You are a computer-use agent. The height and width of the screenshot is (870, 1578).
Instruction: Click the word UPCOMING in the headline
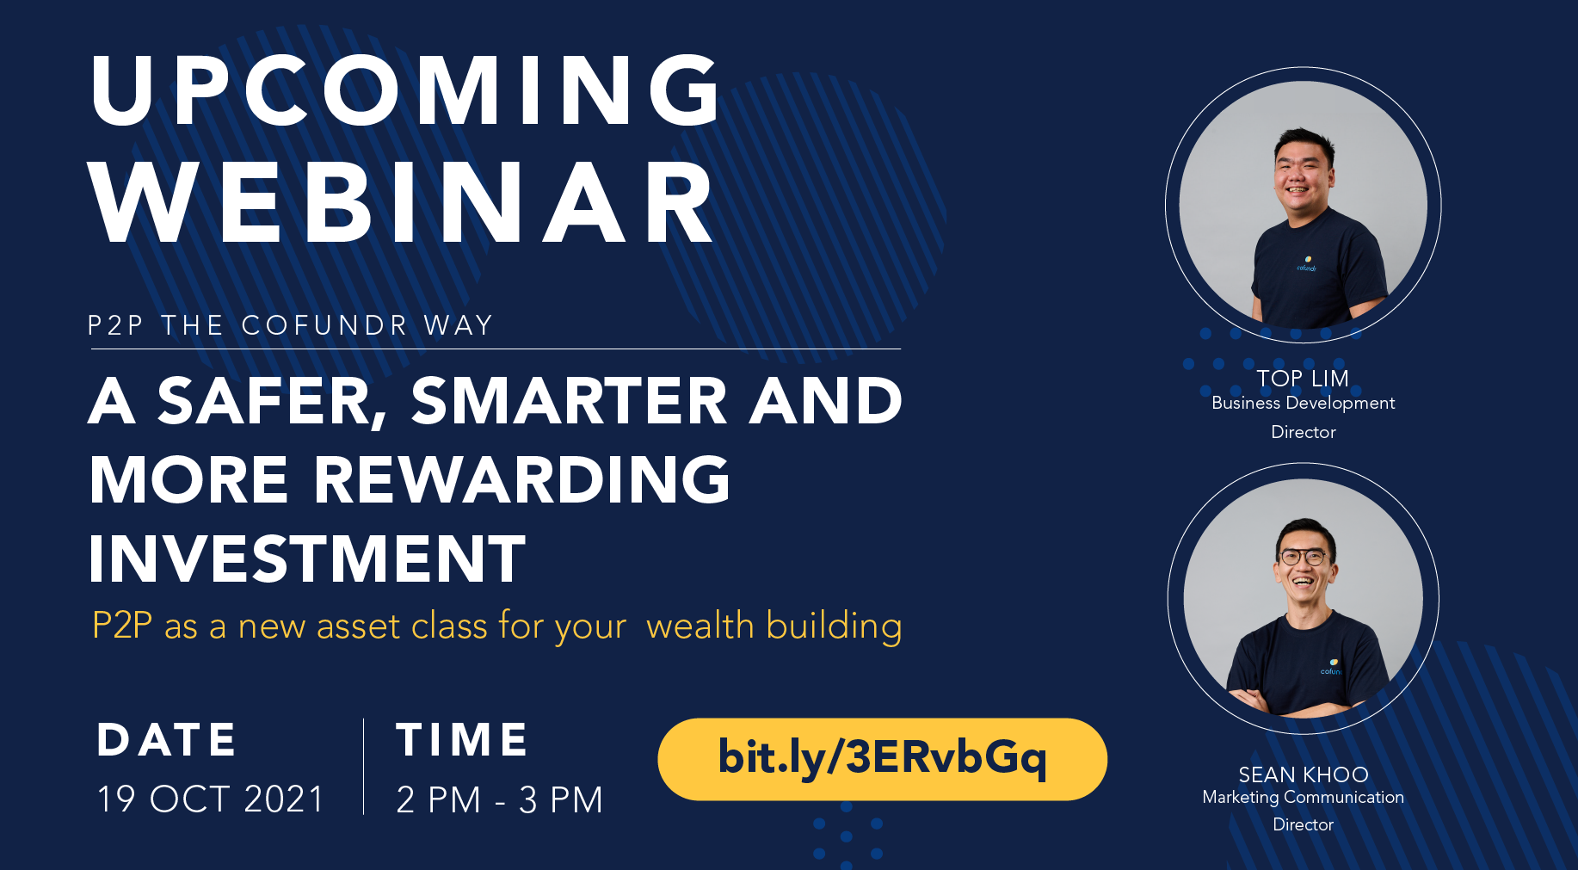pos(405,90)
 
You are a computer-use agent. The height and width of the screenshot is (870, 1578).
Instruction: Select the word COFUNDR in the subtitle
pos(324,325)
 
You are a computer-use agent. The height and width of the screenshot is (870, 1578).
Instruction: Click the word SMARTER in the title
pos(570,401)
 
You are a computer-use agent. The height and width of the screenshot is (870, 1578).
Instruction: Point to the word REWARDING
pos(521,479)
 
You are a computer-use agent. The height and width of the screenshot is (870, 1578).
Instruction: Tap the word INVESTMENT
pos(307,558)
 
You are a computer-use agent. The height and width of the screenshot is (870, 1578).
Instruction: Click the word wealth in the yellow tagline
pos(700,626)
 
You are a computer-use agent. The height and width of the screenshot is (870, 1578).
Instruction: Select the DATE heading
pos(167,740)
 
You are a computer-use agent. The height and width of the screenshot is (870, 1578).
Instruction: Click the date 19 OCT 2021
pos(211,799)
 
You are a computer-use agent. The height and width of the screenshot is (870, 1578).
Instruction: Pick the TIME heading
pos(462,740)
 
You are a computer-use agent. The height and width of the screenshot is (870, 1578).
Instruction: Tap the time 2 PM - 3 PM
pos(499,800)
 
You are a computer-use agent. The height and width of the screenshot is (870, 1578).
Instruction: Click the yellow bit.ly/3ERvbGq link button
pos(882,759)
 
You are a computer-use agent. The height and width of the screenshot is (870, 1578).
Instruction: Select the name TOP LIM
pos(1303,379)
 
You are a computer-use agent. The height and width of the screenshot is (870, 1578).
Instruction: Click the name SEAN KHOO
pos(1303,774)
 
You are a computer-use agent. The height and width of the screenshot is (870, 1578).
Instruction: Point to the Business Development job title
pos(1303,404)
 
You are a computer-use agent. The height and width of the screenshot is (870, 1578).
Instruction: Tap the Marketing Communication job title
pos(1303,798)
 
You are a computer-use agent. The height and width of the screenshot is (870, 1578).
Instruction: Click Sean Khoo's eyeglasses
pos(1304,557)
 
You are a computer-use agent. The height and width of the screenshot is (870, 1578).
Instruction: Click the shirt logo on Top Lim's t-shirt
pos(1307,263)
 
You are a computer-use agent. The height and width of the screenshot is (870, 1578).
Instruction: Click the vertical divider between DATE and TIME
pos(363,766)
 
